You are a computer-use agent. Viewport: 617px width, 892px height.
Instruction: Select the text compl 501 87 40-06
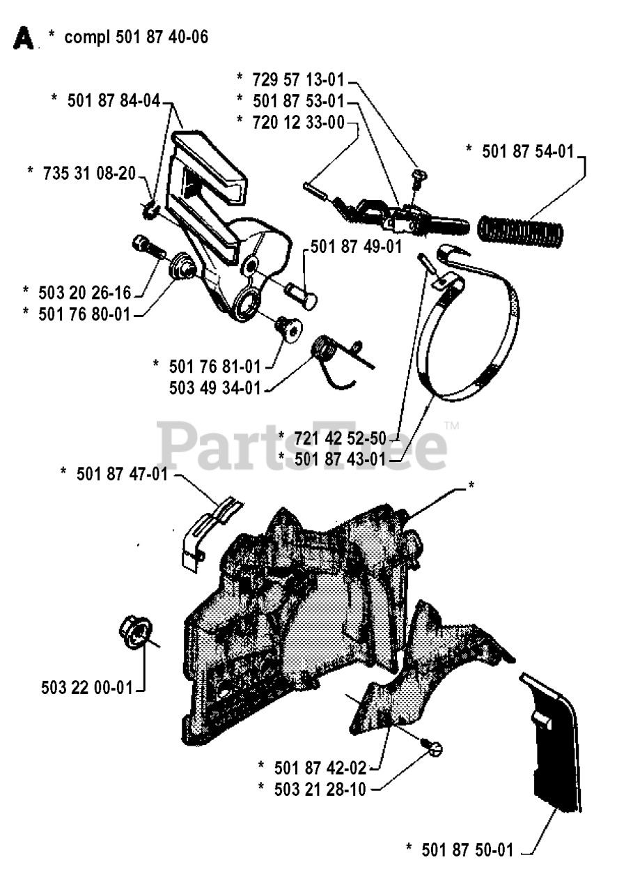click(x=136, y=37)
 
